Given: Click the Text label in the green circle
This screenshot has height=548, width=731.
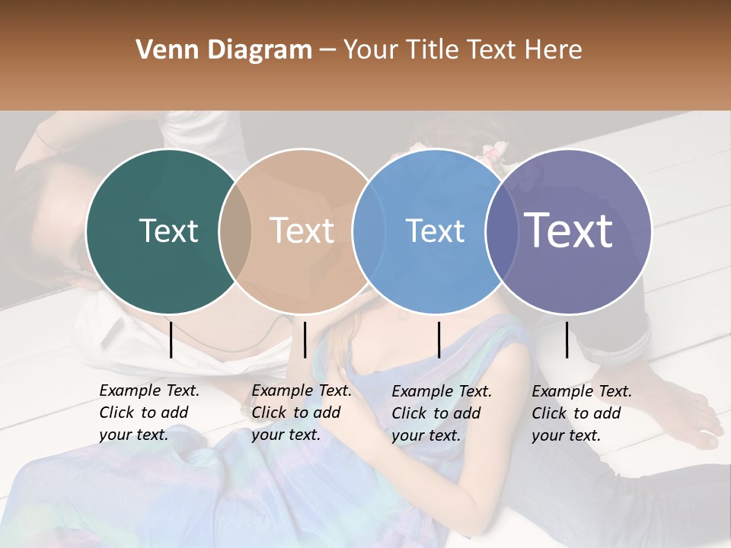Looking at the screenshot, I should click(x=168, y=231).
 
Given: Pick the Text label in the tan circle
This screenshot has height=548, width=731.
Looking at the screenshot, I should click(x=302, y=231).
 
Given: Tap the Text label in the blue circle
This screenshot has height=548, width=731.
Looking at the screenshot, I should click(x=435, y=231).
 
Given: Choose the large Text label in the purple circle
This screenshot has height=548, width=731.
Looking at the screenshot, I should click(x=569, y=231).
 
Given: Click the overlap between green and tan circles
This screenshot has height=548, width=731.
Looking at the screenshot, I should click(x=235, y=231).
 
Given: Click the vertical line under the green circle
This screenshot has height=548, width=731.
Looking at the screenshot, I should click(x=171, y=339).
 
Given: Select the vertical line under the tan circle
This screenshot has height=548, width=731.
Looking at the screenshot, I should click(x=305, y=339).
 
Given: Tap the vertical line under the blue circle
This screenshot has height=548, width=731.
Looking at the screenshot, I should click(x=439, y=339).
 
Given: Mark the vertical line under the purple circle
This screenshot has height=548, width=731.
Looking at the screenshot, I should click(x=567, y=339).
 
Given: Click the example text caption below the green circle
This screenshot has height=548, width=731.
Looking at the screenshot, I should click(x=149, y=413).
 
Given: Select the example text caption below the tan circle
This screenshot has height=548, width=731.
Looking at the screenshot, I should click(x=302, y=413).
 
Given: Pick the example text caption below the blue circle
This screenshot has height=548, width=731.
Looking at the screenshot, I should click(x=442, y=413).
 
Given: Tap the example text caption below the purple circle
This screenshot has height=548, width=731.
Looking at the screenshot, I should click(x=582, y=413).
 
